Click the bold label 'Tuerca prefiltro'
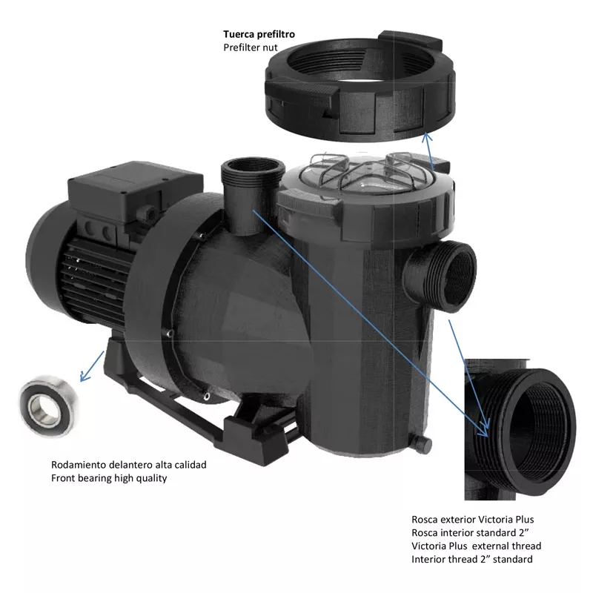[259, 34]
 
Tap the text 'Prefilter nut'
[250, 47]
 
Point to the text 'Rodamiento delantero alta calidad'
[128, 465]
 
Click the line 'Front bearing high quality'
[109, 478]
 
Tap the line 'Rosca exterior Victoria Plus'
[473, 520]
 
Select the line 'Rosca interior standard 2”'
[470, 533]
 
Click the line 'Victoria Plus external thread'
[476, 546]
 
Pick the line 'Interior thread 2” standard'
[472, 560]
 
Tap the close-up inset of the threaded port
[520, 429]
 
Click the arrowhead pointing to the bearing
[85, 376]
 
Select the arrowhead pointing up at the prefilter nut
[427, 137]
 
